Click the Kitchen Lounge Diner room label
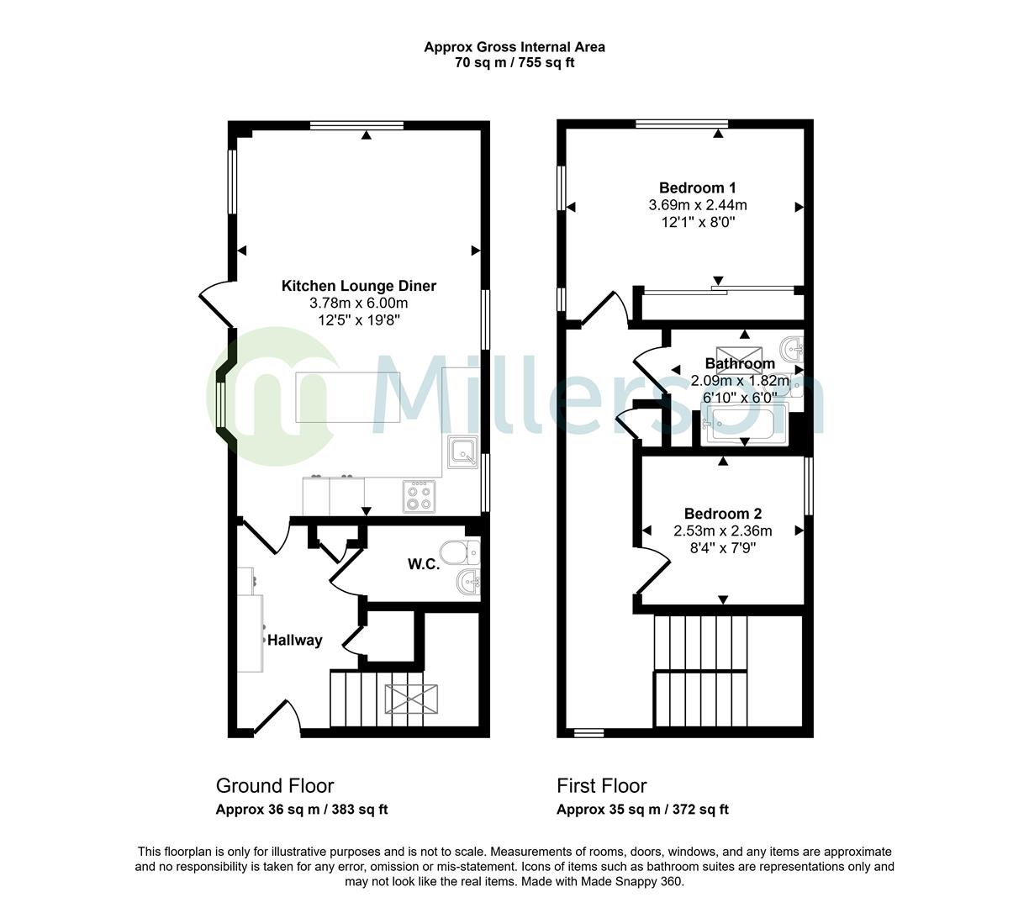coord(358,286)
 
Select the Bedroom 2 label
coord(722,514)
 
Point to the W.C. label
coord(424,564)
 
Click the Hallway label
coord(295,641)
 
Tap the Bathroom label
coord(740,364)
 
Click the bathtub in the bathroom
coord(745,424)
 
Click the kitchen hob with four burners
coord(420,495)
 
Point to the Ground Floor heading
coord(275,786)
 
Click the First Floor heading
coord(602,786)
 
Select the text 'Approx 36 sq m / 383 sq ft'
coord(302,810)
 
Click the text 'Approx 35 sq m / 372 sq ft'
coord(642,810)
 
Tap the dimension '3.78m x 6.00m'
coord(358,304)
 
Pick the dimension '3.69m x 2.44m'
coord(698,205)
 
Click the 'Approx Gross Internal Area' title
coord(514,47)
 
